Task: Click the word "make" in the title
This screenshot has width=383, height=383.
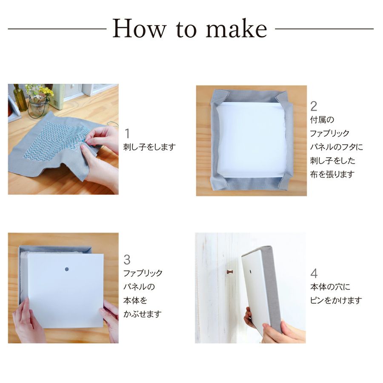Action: tap(236, 29)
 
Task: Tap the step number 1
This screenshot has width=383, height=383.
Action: tap(127, 134)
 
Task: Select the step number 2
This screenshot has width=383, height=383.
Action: tap(314, 106)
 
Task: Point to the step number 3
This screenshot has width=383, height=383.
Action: tap(127, 260)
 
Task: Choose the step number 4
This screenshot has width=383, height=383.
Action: tap(314, 273)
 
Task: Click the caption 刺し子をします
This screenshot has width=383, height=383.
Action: tap(149, 147)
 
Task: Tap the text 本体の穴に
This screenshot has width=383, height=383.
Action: tap(330, 287)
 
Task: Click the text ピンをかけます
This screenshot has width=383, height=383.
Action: tap(336, 300)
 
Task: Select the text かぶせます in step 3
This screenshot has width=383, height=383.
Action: tap(143, 314)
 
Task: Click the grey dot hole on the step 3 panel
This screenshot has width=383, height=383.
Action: tap(67, 269)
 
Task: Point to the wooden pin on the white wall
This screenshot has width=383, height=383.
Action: tap(230, 272)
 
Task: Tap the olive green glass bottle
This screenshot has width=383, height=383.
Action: tap(20, 98)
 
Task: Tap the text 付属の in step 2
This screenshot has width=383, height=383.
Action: tap(322, 120)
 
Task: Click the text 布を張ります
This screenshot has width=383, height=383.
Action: tap(332, 174)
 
